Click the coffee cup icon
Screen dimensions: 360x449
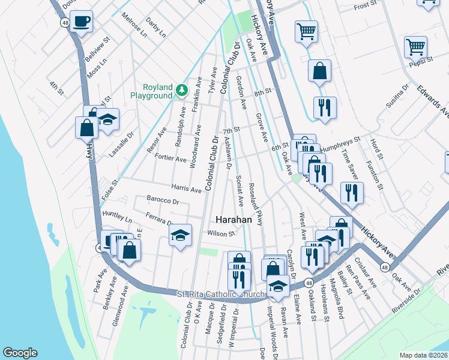(x=82, y=22)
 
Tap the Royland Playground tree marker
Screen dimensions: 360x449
(x=182, y=91)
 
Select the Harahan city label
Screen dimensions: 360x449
(x=233, y=220)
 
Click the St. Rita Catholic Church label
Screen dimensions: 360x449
(x=221, y=294)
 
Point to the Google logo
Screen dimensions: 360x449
(x=20, y=353)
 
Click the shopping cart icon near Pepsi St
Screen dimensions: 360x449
(x=415, y=46)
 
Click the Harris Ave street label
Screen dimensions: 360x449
(x=186, y=189)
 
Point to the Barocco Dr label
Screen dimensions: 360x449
(x=163, y=200)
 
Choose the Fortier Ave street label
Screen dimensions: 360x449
(x=172, y=159)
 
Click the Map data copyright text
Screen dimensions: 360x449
(x=423, y=355)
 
